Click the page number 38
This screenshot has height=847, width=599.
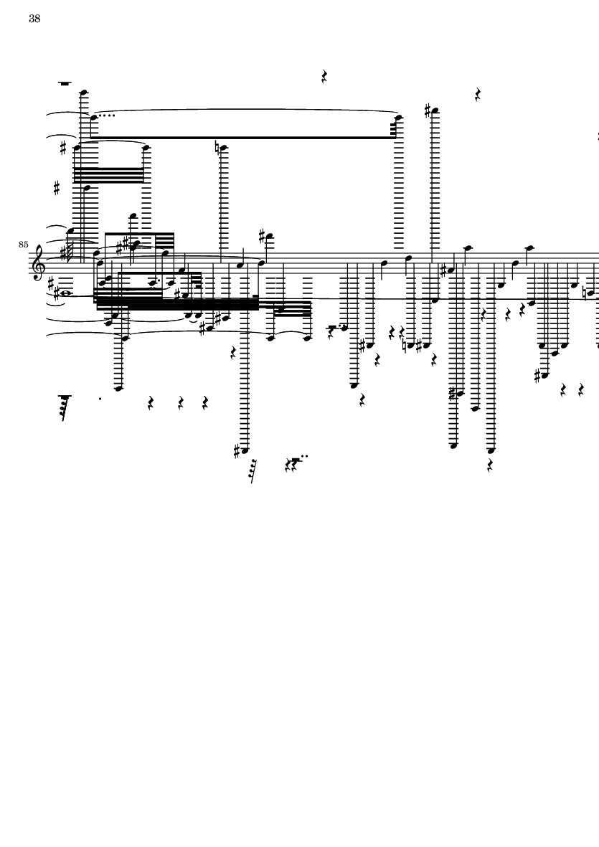[34, 19]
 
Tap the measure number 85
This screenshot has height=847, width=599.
[24, 245]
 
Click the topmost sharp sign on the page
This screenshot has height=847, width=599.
[428, 111]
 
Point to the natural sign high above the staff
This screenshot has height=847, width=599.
[218, 148]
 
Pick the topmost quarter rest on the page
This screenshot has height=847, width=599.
[324, 76]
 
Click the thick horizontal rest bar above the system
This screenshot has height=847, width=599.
[65, 84]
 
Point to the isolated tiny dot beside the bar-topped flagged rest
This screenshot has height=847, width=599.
[100, 399]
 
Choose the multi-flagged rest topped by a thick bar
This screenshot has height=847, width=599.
[65, 406]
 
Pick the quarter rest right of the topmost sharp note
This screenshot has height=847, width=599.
[478, 93]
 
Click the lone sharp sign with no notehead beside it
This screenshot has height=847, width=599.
[57, 189]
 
